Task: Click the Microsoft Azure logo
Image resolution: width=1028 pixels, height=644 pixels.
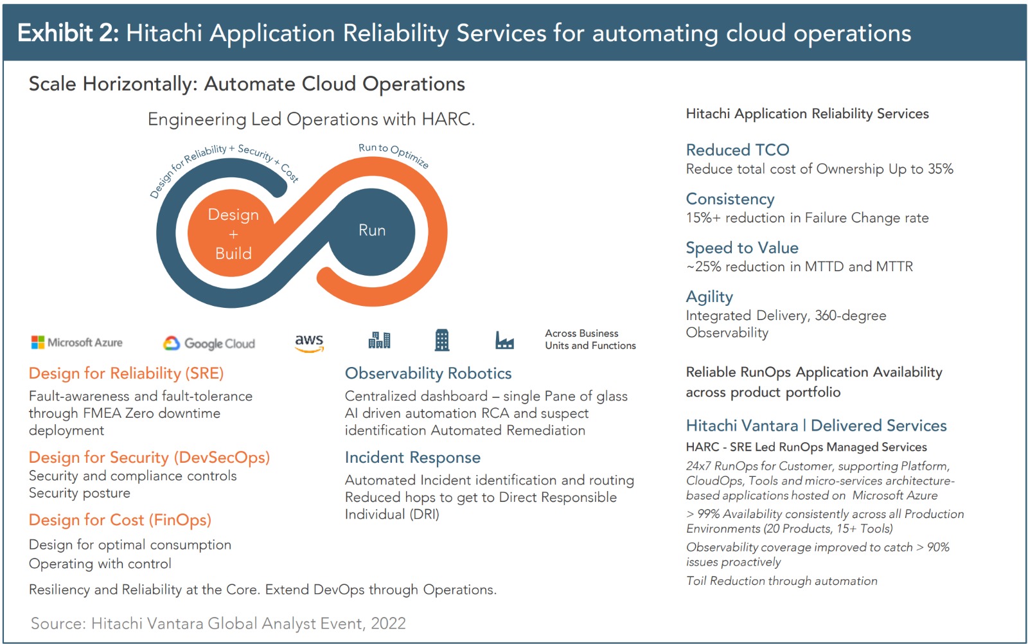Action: (76, 343)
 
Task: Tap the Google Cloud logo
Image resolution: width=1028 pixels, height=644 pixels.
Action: (209, 343)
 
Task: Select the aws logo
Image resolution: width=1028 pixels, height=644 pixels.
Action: (309, 343)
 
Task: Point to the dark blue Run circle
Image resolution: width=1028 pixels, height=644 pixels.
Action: (372, 232)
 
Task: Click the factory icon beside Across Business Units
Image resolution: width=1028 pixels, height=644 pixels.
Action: (504, 341)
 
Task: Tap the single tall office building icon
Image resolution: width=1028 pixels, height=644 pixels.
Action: (442, 340)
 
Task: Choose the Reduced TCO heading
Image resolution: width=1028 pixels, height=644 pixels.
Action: (738, 150)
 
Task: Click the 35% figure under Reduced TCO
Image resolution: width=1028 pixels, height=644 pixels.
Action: (941, 169)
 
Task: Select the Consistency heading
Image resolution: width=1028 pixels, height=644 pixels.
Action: (730, 199)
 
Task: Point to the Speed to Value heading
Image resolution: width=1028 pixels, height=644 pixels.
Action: (742, 248)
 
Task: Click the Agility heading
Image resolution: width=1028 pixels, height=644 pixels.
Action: (709, 297)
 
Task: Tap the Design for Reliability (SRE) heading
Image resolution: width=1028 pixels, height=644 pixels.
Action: (126, 373)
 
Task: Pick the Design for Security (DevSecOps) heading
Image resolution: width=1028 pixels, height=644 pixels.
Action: (149, 457)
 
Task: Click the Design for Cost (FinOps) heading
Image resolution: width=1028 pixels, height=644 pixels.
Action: (120, 519)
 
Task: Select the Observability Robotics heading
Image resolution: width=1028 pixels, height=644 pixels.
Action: (428, 373)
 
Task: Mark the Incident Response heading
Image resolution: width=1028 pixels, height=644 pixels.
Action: (412, 457)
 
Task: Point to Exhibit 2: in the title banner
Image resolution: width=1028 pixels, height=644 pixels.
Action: (68, 33)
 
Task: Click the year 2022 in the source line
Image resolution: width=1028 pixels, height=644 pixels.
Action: (388, 623)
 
